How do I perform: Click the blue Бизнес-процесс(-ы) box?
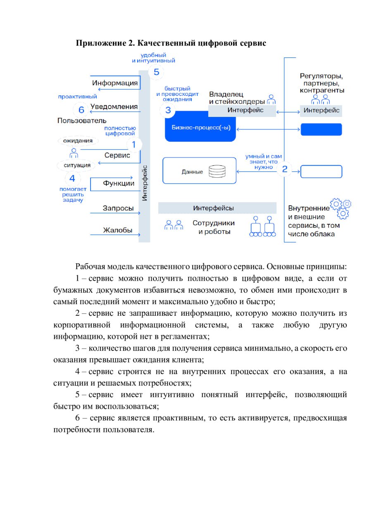[200, 126]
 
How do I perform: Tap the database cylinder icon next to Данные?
[217, 171]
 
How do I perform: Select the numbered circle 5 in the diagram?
[156, 72]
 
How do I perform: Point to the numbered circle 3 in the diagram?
[168, 110]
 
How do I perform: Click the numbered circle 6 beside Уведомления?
[81, 110]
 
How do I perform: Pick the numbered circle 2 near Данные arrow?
[285, 169]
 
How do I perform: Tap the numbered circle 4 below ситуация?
[72, 178]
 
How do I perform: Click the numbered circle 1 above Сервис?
[134, 144]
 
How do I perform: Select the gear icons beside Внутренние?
[341, 208]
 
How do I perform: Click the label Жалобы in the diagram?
[118, 230]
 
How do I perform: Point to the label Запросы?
[118, 208]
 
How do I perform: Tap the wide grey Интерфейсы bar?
[217, 208]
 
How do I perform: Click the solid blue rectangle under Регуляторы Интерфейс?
[321, 129]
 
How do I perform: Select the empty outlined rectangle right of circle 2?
[321, 172]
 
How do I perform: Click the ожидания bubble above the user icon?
[78, 141]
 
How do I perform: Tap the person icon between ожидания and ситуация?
[74, 153]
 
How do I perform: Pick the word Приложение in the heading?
[101, 43]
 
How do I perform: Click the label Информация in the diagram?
[115, 83]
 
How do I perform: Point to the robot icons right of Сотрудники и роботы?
[262, 226]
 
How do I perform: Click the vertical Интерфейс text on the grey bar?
[145, 183]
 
